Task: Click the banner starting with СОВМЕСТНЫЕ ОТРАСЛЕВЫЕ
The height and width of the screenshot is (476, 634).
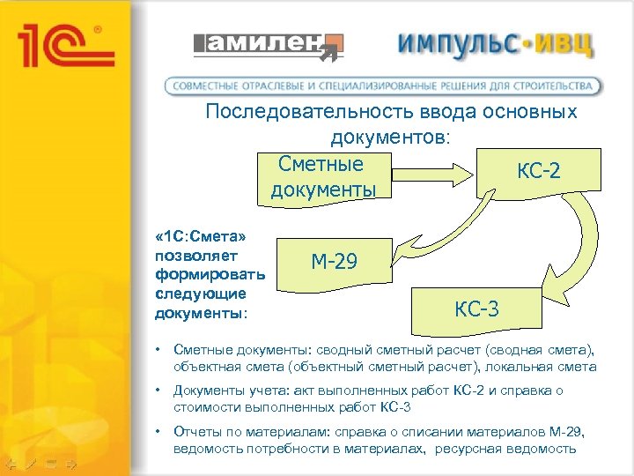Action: tap(385, 86)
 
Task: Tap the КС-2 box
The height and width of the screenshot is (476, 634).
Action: tap(538, 171)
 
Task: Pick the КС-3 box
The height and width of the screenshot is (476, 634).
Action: tap(476, 309)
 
